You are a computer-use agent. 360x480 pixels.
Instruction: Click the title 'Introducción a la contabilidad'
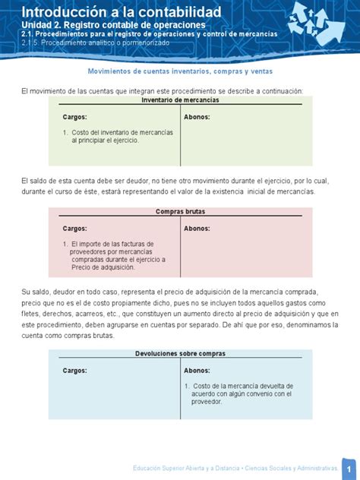(122, 11)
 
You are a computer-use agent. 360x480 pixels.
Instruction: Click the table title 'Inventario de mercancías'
(180, 100)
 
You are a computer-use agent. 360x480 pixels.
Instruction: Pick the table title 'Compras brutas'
(180, 212)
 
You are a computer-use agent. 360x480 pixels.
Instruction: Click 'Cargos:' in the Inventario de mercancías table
(74, 117)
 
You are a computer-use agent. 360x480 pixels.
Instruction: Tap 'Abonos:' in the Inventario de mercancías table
(197, 117)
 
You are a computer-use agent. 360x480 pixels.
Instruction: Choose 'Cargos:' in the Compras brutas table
(74, 228)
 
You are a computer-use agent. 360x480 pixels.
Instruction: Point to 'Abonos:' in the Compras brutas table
(197, 228)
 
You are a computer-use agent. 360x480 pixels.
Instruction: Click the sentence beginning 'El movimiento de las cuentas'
(162, 91)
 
